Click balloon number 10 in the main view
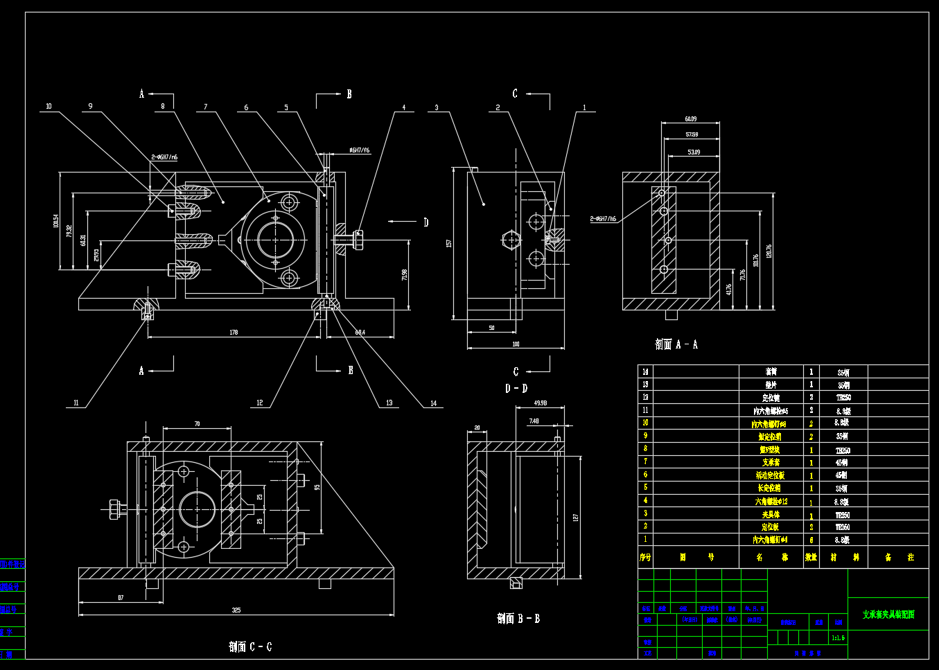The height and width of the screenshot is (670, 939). click(49, 107)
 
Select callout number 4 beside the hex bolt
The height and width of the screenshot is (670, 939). click(404, 108)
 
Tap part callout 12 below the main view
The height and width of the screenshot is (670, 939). click(260, 403)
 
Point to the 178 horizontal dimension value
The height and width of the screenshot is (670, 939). click(234, 333)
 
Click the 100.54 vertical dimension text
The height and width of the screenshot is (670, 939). click(55, 221)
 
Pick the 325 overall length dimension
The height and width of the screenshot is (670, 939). click(236, 610)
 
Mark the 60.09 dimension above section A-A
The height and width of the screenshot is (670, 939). click(690, 119)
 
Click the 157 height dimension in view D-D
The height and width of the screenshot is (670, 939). click(449, 243)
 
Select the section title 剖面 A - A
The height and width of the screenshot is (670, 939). click(676, 344)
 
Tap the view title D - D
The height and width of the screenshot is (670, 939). click(516, 389)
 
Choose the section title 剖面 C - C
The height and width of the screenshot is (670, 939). click(250, 647)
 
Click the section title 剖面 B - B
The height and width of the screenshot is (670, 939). click(518, 619)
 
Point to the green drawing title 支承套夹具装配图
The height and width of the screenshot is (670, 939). click(888, 615)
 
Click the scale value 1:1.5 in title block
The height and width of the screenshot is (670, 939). click(839, 637)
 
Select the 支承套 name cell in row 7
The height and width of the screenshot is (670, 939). click(771, 462)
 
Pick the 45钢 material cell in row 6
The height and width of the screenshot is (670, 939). click(842, 475)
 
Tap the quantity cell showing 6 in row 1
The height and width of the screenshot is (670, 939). click(811, 540)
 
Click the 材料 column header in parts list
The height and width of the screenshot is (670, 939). click(844, 557)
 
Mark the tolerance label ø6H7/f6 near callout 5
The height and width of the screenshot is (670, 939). click(359, 150)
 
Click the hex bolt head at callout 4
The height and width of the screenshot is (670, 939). click(358, 240)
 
